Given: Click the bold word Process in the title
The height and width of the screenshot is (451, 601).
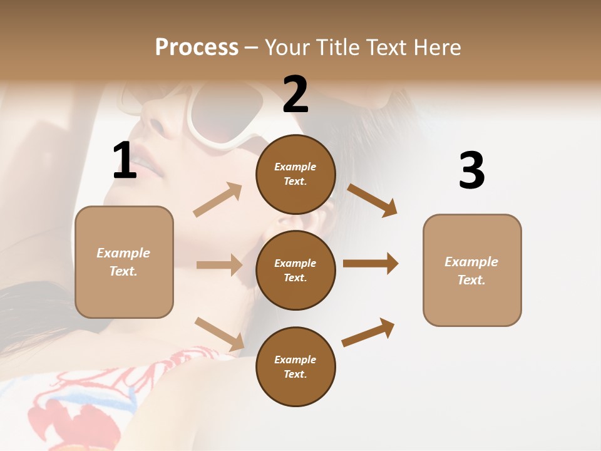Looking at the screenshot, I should (197, 48).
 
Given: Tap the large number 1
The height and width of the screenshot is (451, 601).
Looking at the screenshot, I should (125, 161).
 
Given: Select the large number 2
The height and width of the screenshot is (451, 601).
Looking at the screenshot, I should (295, 95).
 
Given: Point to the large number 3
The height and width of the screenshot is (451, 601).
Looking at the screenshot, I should (471, 170).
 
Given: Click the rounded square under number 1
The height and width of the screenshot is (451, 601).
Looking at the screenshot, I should (124, 262).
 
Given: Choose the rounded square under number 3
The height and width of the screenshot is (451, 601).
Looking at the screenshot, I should (472, 270).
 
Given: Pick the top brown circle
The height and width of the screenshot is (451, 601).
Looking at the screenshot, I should (295, 174).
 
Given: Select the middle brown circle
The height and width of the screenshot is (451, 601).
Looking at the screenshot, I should (295, 270).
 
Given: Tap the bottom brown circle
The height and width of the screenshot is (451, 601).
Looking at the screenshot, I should (295, 366).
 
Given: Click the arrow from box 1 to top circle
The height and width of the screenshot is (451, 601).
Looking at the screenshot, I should (218, 199).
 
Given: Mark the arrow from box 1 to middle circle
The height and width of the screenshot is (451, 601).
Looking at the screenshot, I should (219, 265).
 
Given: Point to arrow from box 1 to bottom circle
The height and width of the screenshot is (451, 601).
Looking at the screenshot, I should (219, 334).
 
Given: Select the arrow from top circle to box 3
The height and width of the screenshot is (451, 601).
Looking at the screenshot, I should (372, 200).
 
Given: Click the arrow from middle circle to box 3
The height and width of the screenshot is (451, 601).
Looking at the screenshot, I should (371, 263).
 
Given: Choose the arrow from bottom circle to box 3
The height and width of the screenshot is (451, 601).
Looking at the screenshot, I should (368, 332).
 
